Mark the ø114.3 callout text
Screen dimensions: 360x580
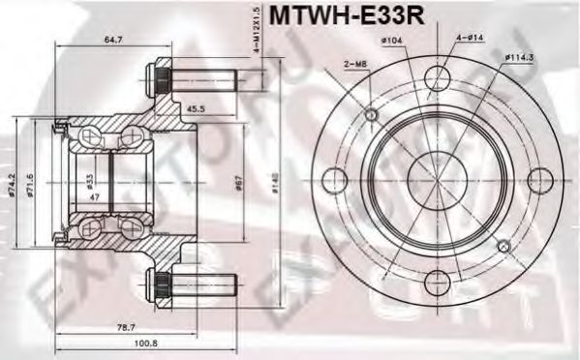[x=521, y=57]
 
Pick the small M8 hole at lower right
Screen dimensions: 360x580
[x=503, y=246]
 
